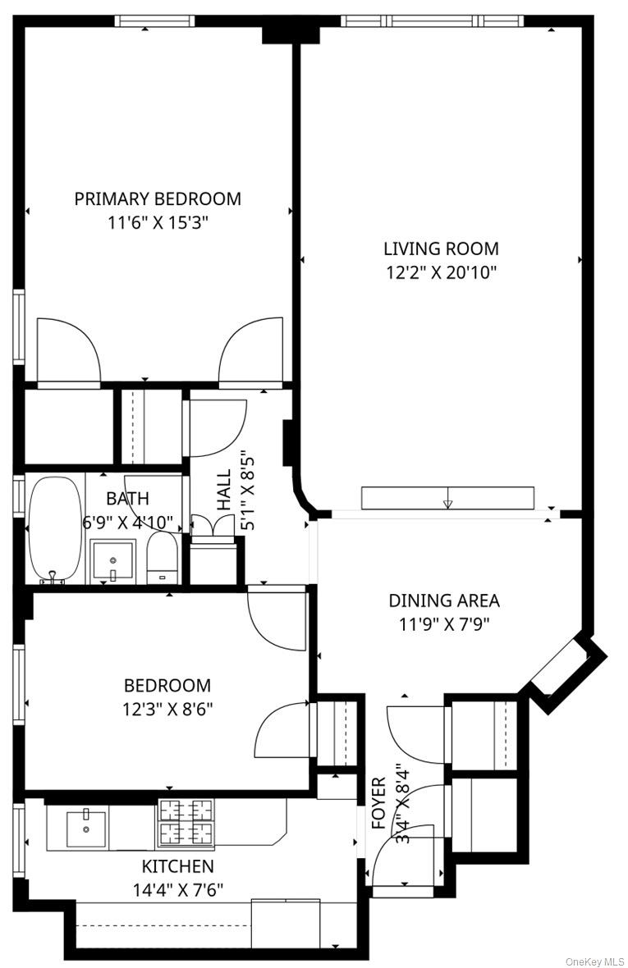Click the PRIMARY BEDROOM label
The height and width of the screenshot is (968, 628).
158,199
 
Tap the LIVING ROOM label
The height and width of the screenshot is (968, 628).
441,249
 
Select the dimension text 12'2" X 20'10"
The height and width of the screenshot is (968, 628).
441,272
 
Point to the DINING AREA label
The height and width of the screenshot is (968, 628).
443,600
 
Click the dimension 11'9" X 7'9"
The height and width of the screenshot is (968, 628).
443,623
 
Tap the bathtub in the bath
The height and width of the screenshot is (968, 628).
55,529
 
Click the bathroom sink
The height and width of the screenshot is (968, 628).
112,560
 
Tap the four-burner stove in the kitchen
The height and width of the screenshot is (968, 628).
186,822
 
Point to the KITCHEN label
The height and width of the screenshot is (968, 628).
178,866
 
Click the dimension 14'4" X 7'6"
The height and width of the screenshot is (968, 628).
178,889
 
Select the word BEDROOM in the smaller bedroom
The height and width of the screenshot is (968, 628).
167,685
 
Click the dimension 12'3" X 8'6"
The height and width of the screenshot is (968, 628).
167,708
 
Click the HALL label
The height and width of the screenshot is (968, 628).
224,491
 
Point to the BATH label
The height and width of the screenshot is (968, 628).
127,498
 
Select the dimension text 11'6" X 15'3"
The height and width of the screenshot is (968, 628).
158,221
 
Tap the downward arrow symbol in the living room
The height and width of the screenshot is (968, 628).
447,503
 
